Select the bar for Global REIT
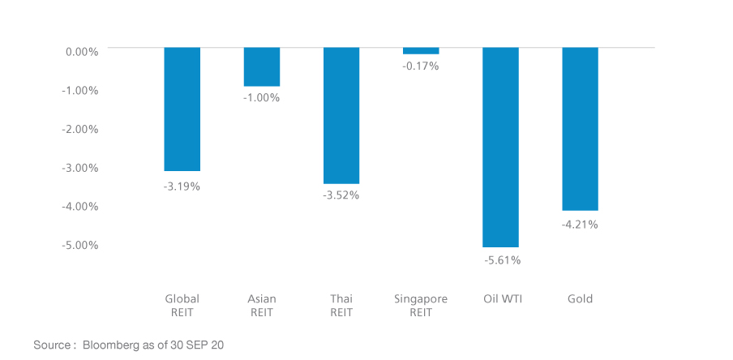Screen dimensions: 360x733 pos(182,109)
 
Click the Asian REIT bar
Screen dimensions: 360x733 pos(262,66)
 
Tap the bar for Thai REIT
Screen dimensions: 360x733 pos(341,115)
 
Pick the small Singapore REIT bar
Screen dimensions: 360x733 pos(421,51)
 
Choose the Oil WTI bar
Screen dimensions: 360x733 pos(500,147)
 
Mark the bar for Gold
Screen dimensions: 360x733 pos(580,128)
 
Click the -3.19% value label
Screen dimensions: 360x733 pos(182,186)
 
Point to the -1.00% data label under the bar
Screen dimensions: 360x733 pos(262,98)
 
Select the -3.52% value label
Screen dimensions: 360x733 pos(341,195)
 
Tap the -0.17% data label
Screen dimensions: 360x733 pos(421,66)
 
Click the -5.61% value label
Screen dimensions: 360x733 pos(502,260)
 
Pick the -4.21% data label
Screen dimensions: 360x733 pos(580,225)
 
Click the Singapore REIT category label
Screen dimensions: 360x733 pos(420,306)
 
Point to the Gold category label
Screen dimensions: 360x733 pos(580,299)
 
